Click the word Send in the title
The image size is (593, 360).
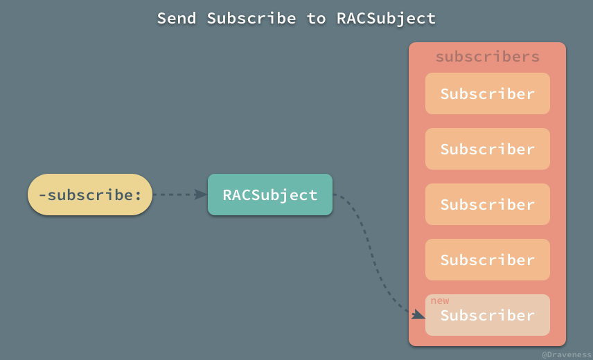177,18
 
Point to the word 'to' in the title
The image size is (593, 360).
316,18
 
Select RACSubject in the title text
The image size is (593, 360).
387,18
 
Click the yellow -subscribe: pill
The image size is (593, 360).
90,195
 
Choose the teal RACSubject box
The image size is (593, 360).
270,195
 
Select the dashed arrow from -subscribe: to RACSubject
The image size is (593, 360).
177,195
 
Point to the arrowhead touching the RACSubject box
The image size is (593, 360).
201,195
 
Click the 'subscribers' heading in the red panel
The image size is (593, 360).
487,57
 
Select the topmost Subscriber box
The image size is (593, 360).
487,93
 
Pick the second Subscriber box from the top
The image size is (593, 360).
487,149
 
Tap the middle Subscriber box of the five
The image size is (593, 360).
487,204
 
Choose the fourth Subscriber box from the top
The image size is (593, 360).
487,260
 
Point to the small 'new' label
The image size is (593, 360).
440,300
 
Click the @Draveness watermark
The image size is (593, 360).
566,353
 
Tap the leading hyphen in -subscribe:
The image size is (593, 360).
43,195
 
